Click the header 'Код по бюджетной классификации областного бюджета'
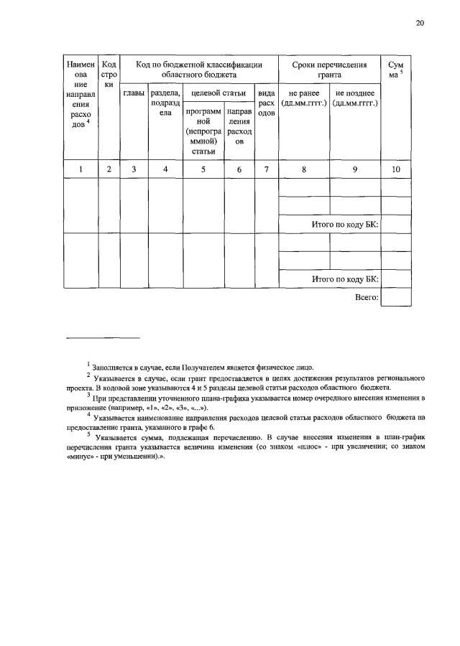[x=198, y=69]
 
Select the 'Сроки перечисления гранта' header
[x=329, y=69]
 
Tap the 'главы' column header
[x=134, y=93]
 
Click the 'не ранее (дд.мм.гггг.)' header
[x=303, y=98]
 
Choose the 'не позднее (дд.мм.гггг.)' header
[x=355, y=98]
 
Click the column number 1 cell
[x=80, y=169]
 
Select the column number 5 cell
[x=203, y=169]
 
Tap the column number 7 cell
[x=266, y=169]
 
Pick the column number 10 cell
[x=396, y=169]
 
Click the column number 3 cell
[x=134, y=169]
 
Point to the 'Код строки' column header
[x=109, y=74]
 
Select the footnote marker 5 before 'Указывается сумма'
[x=88, y=433]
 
